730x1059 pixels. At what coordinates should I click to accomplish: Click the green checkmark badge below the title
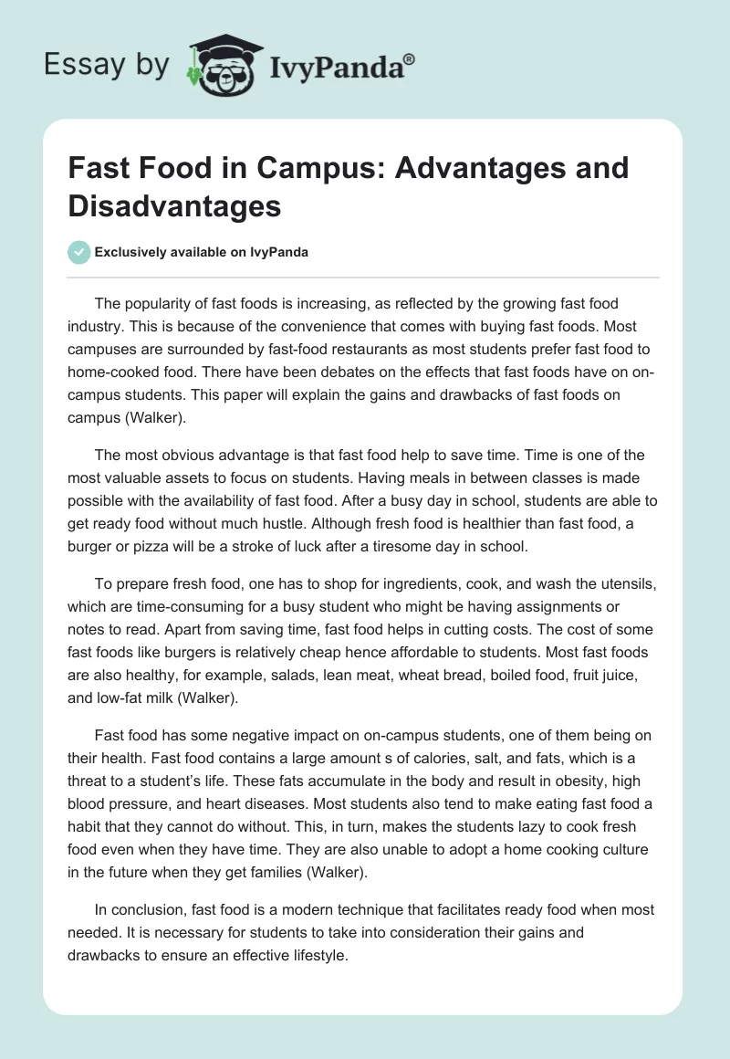[x=79, y=252]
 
